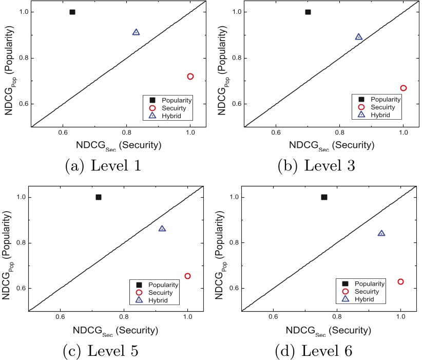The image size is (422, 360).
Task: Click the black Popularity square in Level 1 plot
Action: (72, 12)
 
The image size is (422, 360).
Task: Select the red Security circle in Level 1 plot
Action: (190, 77)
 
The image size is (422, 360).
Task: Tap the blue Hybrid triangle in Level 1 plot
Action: (136, 32)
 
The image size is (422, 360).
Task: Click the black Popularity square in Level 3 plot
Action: (308, 12)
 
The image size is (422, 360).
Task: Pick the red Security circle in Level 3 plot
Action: (404, 88)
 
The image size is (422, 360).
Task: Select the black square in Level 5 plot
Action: (99, 197)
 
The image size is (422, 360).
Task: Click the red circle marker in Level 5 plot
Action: (188, 276)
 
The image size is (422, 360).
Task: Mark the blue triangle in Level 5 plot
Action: (163, 229)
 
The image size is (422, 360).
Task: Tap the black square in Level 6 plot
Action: (324, 197)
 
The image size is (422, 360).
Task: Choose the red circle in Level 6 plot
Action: (400, 281)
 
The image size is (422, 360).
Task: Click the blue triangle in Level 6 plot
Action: (381, 233)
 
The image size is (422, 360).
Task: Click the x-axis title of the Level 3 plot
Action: (339, 145)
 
